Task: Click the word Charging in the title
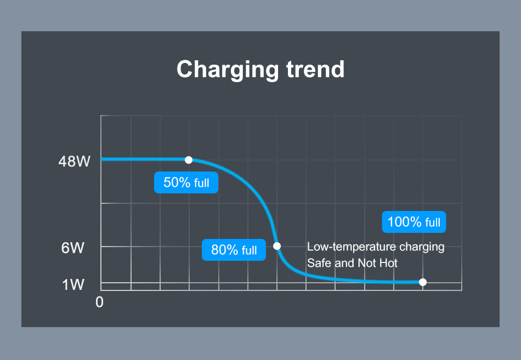(228, 70)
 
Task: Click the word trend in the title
(315, 69)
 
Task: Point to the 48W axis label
(75, 162)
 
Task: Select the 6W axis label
(73, 248)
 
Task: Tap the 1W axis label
(73, 285)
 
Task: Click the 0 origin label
(99, 302)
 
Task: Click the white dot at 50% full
(189, 160)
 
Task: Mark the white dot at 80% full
(277, 246)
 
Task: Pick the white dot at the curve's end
(423, 282)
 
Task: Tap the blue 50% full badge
(186, 182)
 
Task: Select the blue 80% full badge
(234, 250)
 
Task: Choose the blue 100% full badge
(414, 222)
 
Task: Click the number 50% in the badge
(177, 182)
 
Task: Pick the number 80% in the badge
(225, 250)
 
